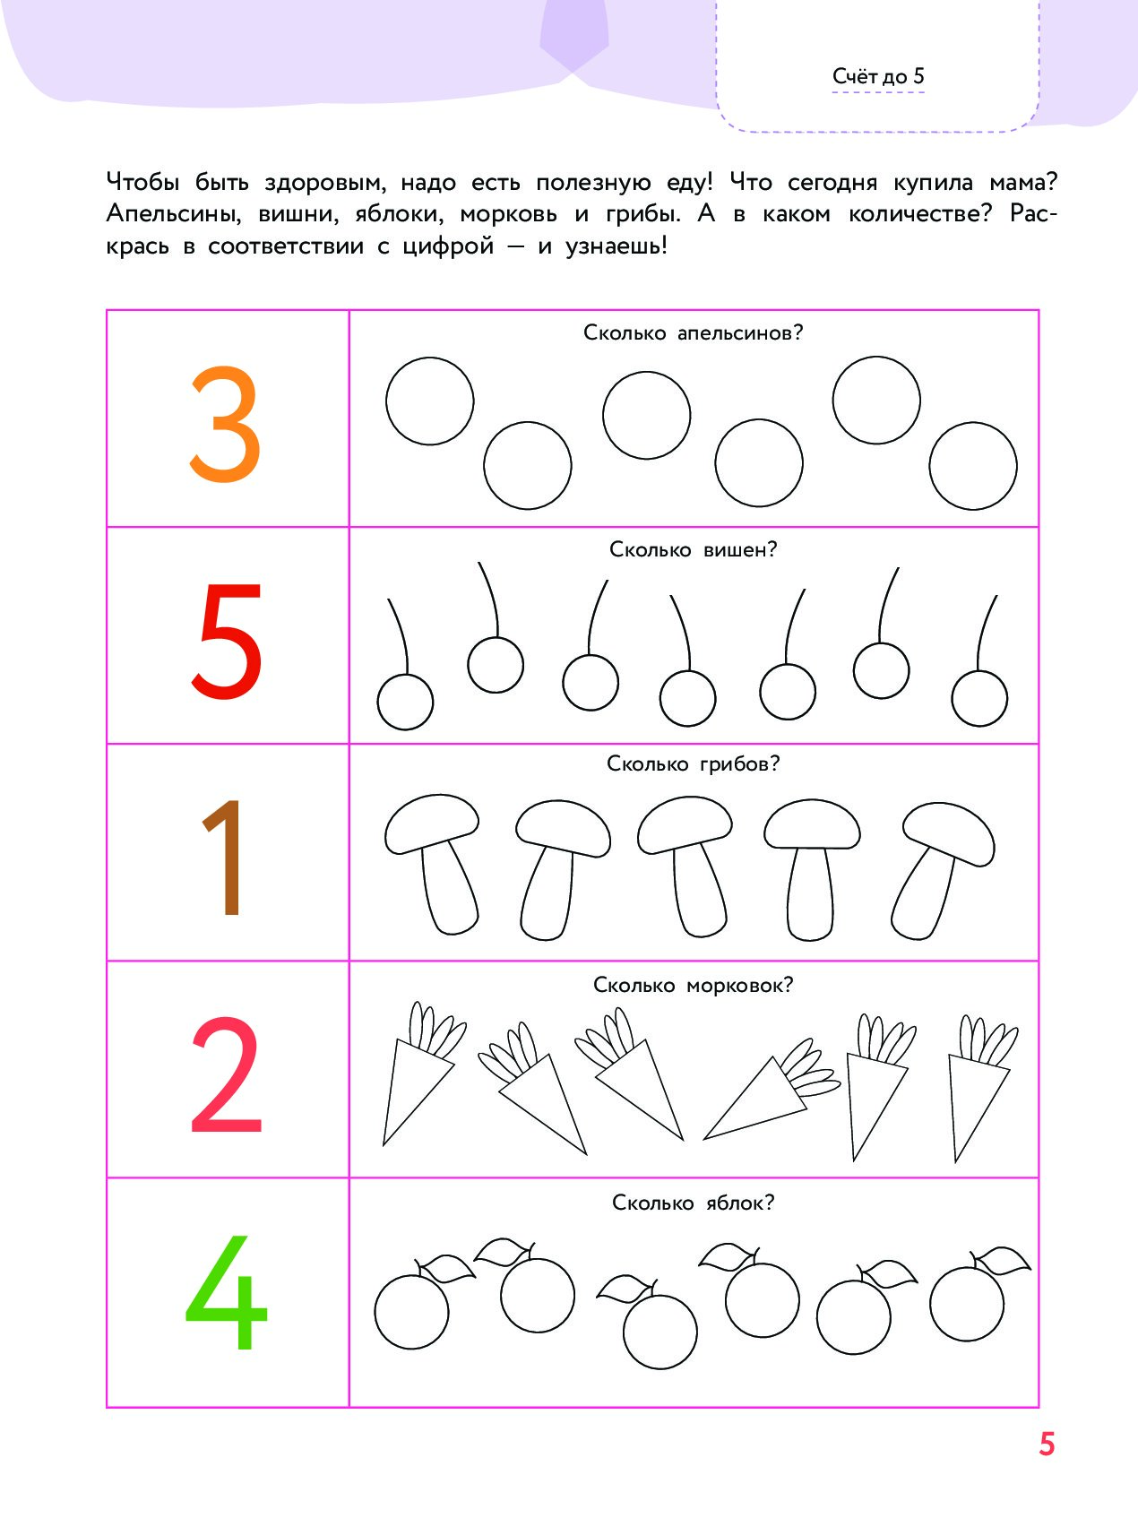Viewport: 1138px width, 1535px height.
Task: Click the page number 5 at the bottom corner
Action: pos(1047,1444)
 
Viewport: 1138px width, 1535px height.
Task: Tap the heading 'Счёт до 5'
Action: pos(878,76)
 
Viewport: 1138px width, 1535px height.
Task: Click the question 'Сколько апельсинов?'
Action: pos(693,332)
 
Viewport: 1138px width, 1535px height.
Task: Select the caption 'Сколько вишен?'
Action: pos(693,549)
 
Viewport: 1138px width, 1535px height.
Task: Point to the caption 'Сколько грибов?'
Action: pos(693,763)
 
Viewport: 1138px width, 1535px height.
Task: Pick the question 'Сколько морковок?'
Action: pos(693,985)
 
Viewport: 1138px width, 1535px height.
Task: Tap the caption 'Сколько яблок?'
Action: pos(693,1203)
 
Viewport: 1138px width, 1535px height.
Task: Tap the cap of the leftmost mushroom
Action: pos(432,822)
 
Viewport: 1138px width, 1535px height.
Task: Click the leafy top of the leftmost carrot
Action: pos(435,1031)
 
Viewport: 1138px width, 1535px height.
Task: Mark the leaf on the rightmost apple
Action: pos(1002,1261)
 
